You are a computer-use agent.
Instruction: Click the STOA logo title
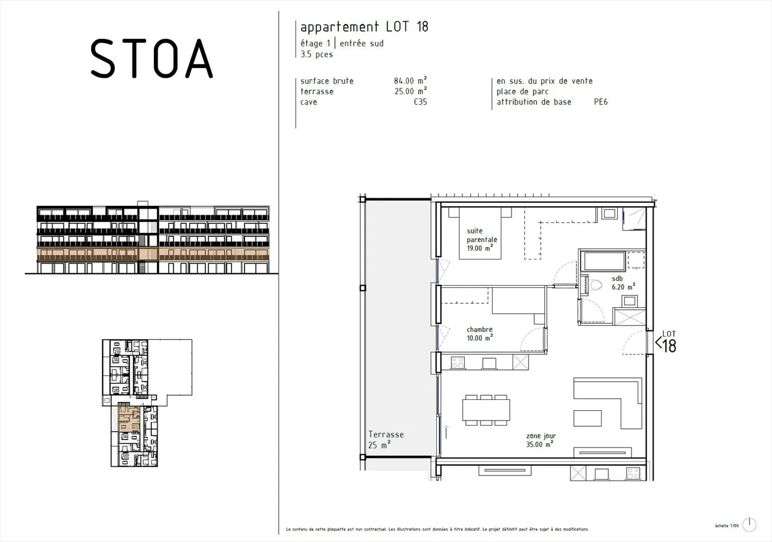pyautogui.click(x=152, y=58)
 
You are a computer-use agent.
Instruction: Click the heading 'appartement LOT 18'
pyautogui.click(x=364, y=27)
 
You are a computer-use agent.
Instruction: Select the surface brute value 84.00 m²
pyautogui.click(x=410, y=81)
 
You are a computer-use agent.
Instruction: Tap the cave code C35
pyautogui.click(x=420, y=102)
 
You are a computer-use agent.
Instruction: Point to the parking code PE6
pyautogui.click(x=600, y=102)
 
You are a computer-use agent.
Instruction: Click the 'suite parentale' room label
pyautogui.click(x=481, y=240)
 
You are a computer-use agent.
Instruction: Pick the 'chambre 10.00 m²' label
pyautogui.click(x=479, y=334)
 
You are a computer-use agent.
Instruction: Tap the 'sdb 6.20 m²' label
pyautogui.click(x=623, y=283)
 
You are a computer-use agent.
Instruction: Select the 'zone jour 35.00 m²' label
pyautogui.click(x=540, y=440)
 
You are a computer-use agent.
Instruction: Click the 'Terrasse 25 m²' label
pyautogui.click(x=385, y=440)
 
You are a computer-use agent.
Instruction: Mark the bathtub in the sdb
pyautogui.click(x=604, y=262)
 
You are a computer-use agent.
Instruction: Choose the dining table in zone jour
pyautogui.click(x=486, y=411)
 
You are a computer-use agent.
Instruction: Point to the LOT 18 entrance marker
pyautogui.click(x=666, y=342)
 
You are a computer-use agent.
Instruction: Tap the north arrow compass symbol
pyautogui.click(x=749, y=525)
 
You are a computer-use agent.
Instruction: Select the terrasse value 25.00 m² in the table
pyautogui.click(x=410, y=92)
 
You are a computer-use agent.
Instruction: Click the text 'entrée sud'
pyautogui.click(x=361, y=43)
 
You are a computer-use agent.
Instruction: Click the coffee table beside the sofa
pyautogui.click(x=588, y=418)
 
